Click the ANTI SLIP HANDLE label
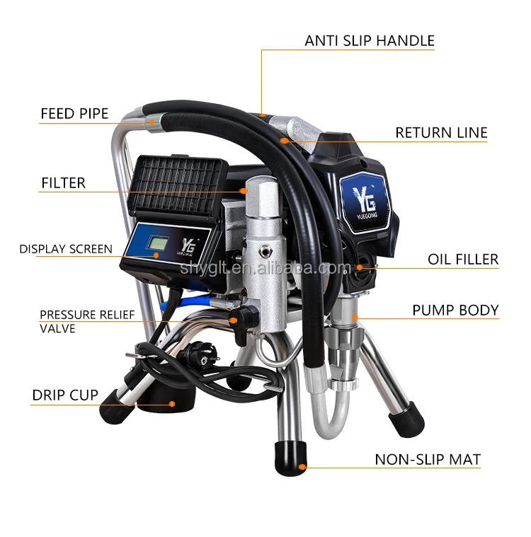[370, 40]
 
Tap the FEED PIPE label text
[74, 113]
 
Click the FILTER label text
[63, 183]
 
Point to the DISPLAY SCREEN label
[65, 248]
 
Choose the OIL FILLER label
[462, 260]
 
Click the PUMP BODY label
[455, 310]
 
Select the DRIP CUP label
[65, 395]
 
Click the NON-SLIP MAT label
[428, 459]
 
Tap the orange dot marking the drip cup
[171, 404]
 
